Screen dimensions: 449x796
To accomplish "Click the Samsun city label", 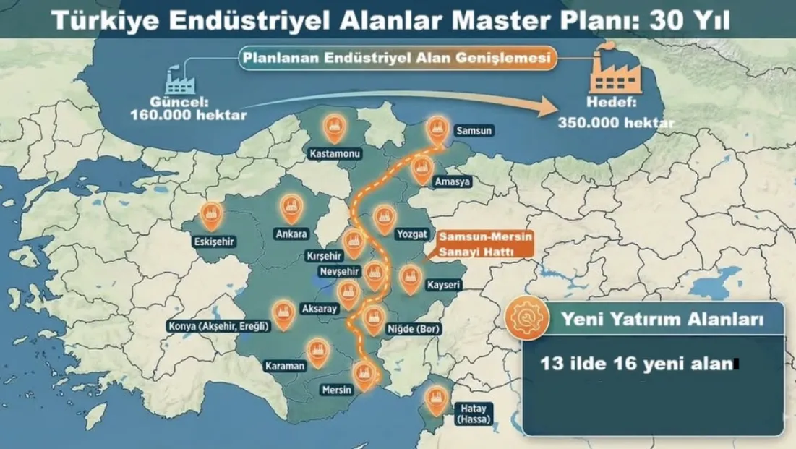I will [x=474, y=132].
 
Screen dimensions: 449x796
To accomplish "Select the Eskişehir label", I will [x=215, y=241].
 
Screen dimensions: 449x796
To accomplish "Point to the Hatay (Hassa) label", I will [x=473, y=413].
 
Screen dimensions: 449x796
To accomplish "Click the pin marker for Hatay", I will [x=435, y=399].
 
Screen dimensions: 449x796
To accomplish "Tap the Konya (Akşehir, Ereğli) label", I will [x=218, y=326].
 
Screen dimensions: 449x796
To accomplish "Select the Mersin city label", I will [x=336, y=390].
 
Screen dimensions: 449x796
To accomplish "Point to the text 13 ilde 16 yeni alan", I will [x=636, y=364].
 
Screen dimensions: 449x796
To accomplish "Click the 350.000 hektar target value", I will [x=616, y=122].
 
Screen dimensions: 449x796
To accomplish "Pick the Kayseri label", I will [x=443, y=286].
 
